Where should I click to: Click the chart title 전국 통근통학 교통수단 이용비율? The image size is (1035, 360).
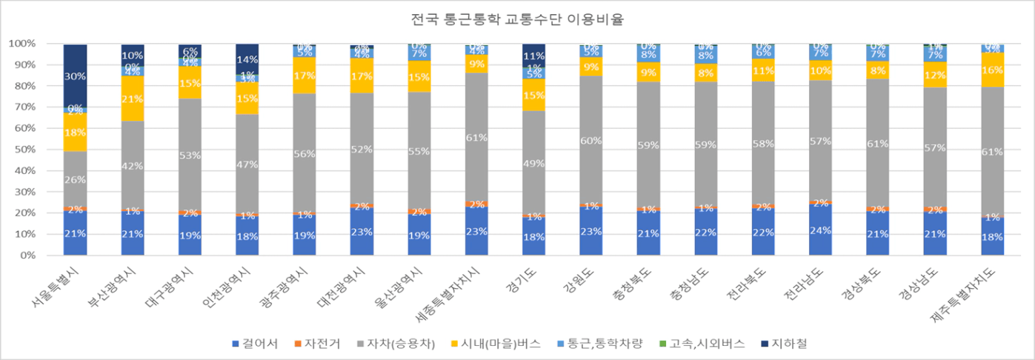coord(517,20)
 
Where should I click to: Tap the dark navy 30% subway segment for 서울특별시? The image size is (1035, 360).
coord(75,76)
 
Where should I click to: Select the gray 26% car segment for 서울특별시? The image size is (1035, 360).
coord(75,179)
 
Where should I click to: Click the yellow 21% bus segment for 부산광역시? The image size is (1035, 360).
coord(133,99)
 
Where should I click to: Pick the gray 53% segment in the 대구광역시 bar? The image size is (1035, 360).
coord(190,154)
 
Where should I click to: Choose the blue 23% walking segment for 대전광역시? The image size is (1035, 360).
coord(362,231)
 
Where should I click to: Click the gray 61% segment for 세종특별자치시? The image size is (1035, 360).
coord(476,137)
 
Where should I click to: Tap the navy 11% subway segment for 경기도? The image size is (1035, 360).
coord(534,56)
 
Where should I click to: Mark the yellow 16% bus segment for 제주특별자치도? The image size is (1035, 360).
coord(994,70)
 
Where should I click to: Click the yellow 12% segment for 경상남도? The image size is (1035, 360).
coord(936,75)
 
